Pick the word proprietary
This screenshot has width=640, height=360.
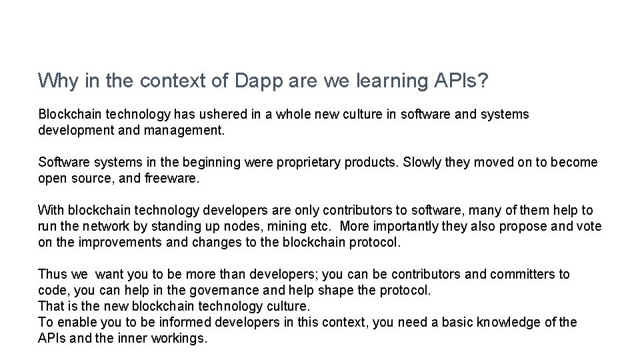pos(309,163)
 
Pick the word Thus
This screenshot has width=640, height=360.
pos(52,275)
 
